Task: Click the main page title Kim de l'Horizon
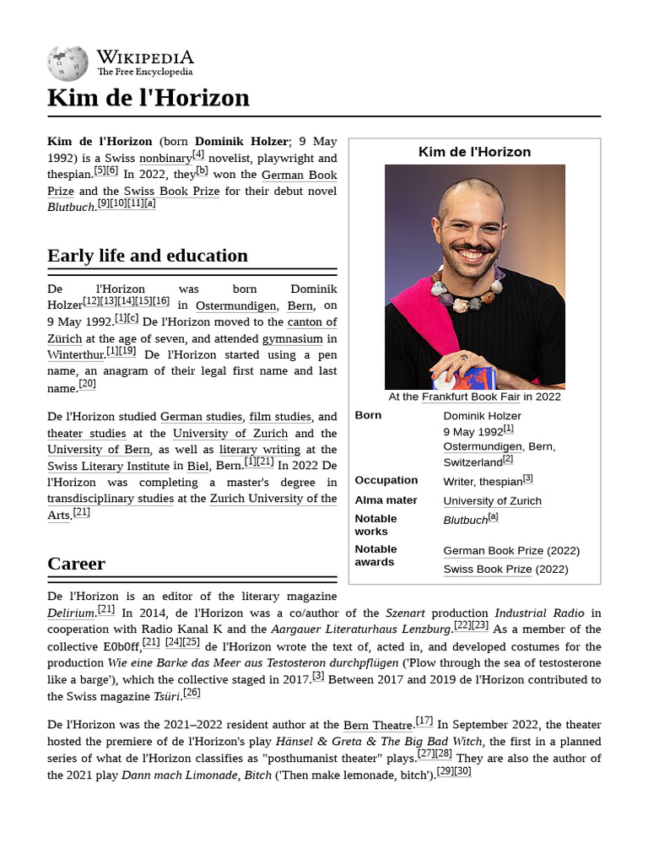(x=148, y=98)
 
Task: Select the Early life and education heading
(x=148, y=256)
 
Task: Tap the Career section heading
(x=77, y=563)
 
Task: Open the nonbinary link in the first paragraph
(x=165, y=159)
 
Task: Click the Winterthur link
(x=75, y=355)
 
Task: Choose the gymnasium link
(x=292, y=339)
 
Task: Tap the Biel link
(x=197, y=466)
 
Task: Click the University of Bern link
(x=99, y=450)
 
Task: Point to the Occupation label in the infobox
(x=386, y=480)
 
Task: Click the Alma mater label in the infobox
(x=386, y=500)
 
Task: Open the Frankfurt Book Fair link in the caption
(x=470, y=397)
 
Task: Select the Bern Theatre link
(x=379, y=725)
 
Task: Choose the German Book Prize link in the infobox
(x=494, y=551)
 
